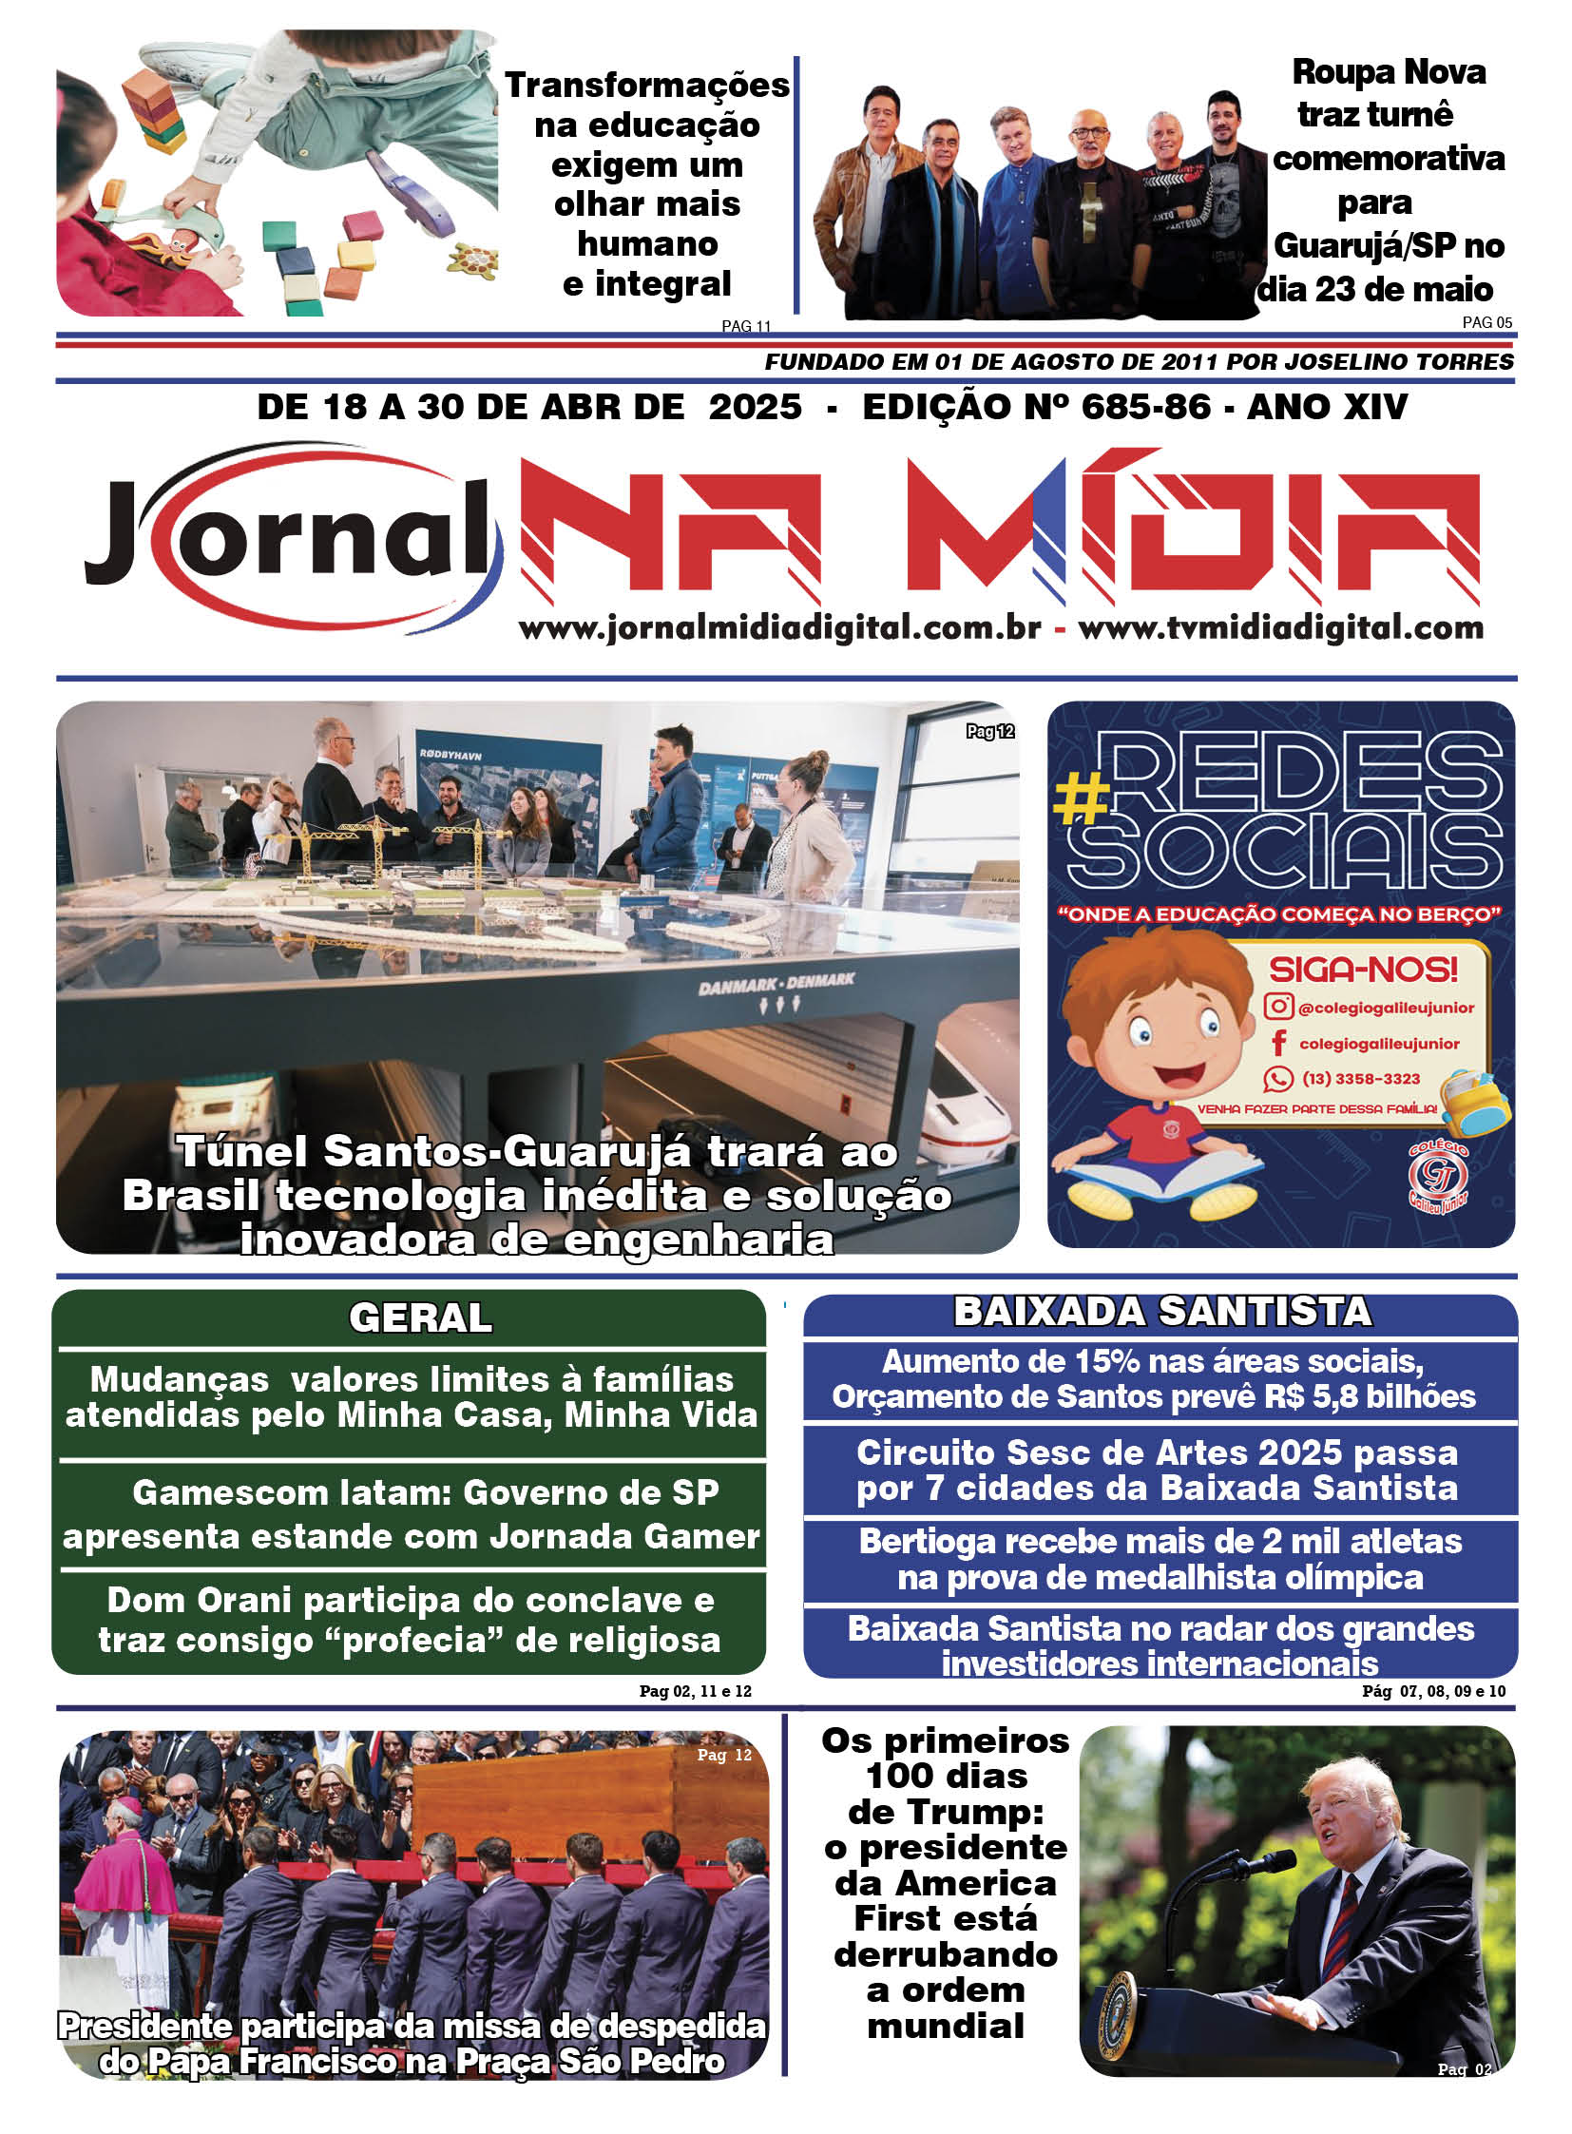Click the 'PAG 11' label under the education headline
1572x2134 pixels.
(x=745, y=326)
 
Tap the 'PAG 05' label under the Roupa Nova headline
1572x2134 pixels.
(x=1486, y=322)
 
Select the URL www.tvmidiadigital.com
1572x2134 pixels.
(x=1280, y=628)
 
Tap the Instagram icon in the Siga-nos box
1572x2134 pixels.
(x=1278, y=1006)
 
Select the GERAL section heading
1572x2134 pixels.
(x=421, y=1317)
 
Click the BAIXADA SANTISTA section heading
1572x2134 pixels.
(x=1161, y=1311)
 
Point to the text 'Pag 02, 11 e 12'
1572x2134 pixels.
(x=695, y=1690)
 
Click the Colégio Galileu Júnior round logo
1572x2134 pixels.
(x=1437, y=1177)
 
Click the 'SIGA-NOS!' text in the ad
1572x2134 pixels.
(x=1363, y=970)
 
